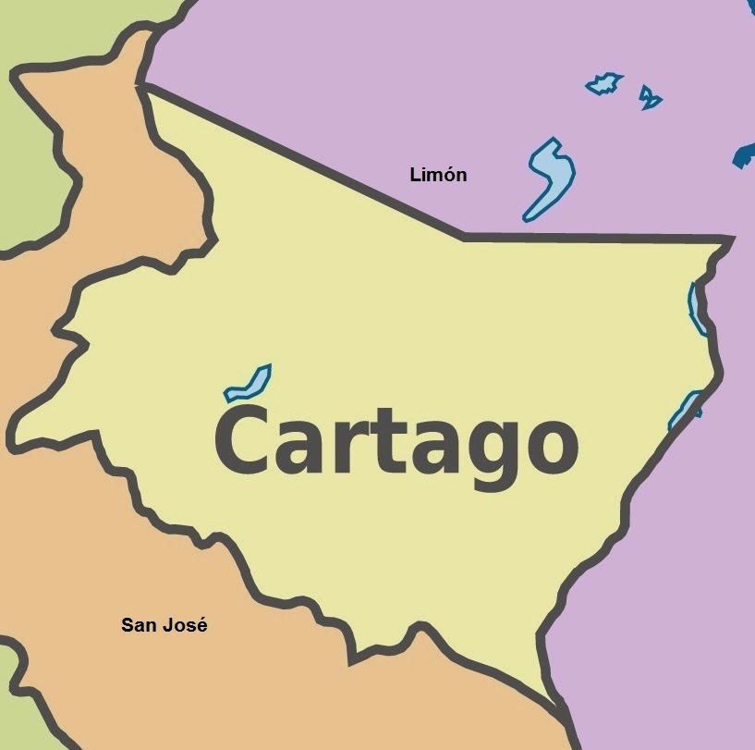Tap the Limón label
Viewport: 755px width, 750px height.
438,174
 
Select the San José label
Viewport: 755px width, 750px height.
164,625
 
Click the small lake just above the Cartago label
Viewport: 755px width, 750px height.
249,383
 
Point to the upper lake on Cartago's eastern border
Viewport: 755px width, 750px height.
696,309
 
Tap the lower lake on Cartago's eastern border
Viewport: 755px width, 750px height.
685,410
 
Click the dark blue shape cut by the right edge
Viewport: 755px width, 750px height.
745,155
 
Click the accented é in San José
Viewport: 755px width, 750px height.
201,625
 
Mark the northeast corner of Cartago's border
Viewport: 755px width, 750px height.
731,240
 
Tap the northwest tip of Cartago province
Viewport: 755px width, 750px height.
141,86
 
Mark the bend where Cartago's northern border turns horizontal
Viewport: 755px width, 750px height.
464,237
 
